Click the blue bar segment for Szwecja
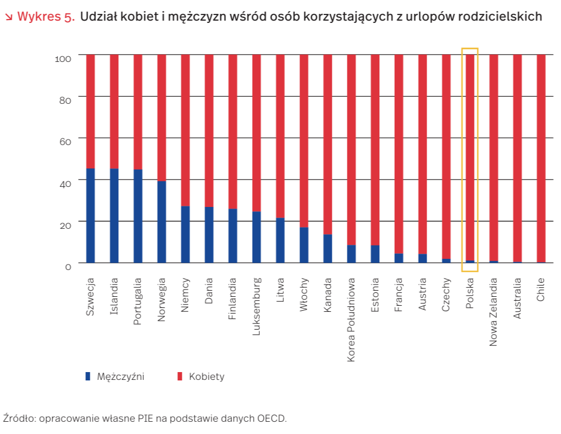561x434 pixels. [x=90, y=215]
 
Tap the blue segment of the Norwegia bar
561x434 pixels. [x=162, y=221]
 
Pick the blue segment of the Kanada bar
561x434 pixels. [x=328, y=248]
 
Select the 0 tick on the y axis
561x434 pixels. [x=68, y=267]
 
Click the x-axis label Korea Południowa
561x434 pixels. [x=351, y=320]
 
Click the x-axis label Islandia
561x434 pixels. [x=114, y=296]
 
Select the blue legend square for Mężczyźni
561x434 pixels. [x=88, y=377]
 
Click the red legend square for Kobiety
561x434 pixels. [x=180, y=377]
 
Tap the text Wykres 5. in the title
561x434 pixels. [x=46, y=17]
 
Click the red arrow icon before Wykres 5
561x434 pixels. [x=8, y=17]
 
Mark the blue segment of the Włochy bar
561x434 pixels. [x=304, y=245]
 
